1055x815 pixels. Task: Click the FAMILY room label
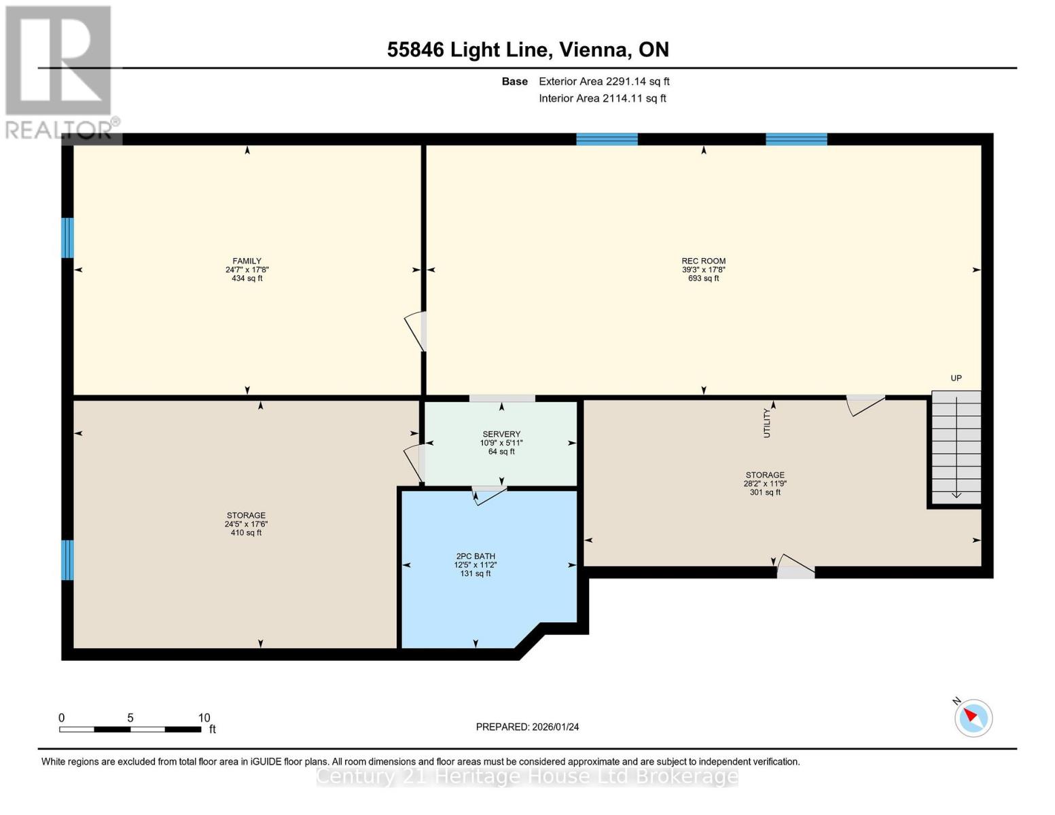pos(247,261)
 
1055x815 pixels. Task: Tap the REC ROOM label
pos(703,261)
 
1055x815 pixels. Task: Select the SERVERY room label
pos(501,434)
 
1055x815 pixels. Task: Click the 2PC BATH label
pos(475,556)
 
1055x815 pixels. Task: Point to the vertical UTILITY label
pos(767,422)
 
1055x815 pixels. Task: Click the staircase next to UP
pos(956,448)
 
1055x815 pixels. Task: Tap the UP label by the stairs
pos(956,378)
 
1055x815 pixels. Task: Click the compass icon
pos(973,718)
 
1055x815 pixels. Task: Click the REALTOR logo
pos(58,71)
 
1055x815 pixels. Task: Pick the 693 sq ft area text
pos(703,278)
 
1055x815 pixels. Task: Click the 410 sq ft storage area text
pos(246,533)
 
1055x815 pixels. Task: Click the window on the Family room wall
pos(67,238)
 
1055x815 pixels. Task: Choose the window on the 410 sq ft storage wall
pos(67,560)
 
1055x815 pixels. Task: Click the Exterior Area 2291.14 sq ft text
pos(604,81)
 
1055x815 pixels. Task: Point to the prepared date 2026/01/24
pos(527,727)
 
